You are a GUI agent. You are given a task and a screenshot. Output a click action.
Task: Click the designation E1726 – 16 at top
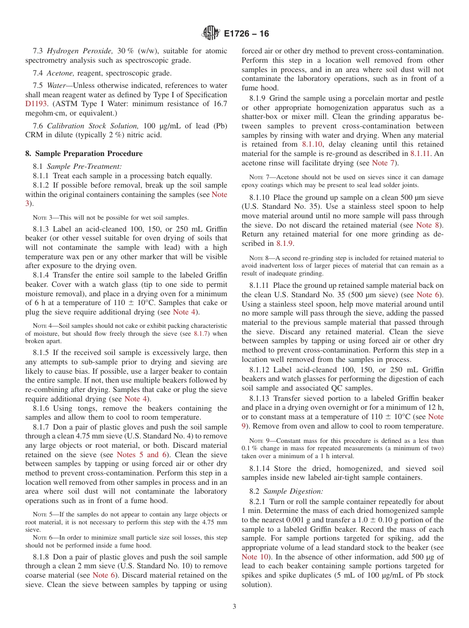point(246,34)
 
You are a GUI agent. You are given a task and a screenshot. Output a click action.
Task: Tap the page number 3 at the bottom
point(234,607)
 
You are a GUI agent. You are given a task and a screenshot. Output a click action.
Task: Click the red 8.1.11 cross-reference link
point(420,154)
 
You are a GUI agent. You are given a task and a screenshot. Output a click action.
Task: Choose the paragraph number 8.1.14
point(259,468)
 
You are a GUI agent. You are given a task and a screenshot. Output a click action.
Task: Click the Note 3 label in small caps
point(42,218)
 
